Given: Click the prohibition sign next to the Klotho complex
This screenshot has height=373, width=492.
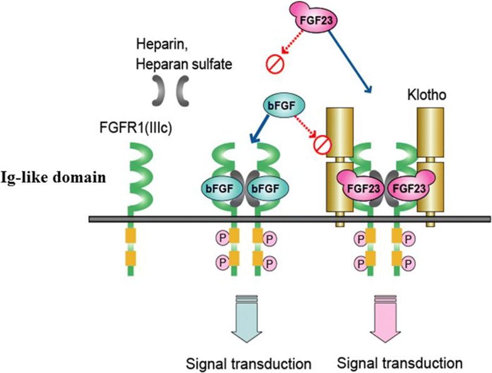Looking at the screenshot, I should point(321,145).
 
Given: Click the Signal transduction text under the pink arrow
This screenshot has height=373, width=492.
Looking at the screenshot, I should point(400,363).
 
